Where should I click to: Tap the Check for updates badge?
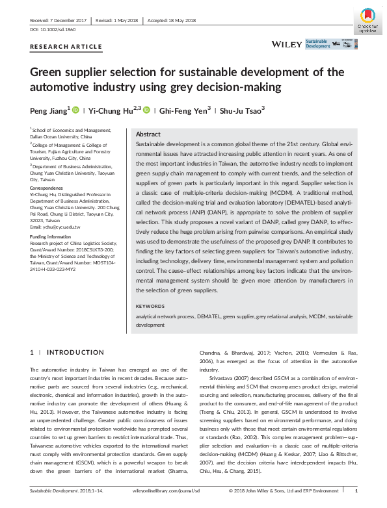367,21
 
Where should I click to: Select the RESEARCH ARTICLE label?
66,47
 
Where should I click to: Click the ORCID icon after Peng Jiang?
75,110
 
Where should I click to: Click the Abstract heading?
148,133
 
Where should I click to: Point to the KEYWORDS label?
150,306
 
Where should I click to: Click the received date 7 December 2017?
59,21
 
